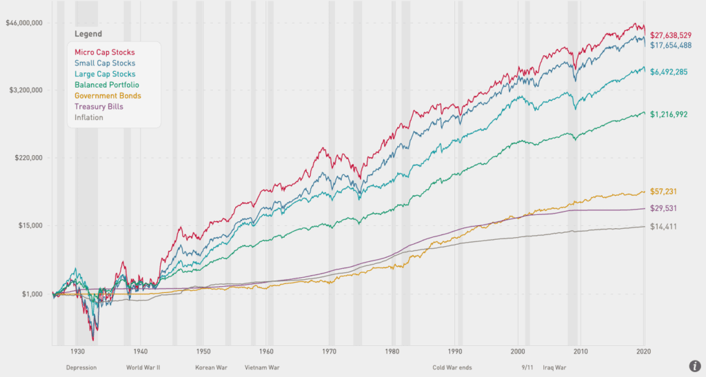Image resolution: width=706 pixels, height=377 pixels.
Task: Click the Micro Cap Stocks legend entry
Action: click(x=105, y=52)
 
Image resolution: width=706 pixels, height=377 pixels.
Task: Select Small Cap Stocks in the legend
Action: click(x=105, y=63)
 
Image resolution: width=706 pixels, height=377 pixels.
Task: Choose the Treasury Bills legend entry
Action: click(x=99, y=107)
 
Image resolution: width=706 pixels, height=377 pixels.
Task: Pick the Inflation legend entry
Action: click(x=89, y=117)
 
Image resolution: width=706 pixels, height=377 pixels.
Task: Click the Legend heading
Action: click(x=88, y=34)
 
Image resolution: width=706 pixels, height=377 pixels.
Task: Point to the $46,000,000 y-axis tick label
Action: click(x=25, y=23)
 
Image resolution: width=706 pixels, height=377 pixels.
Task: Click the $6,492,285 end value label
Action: click(x=673, y=72)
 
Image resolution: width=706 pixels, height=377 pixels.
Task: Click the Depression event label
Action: click(x=81, y=367)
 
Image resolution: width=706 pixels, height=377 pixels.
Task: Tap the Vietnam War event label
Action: click(x=262, y=367)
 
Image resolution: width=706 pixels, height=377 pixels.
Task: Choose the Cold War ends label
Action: click(x=452, y=367)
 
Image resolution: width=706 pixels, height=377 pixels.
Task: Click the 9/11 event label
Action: click(x=528, y=367)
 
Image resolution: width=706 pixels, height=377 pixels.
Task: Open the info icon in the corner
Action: click(x=694, y=366)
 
